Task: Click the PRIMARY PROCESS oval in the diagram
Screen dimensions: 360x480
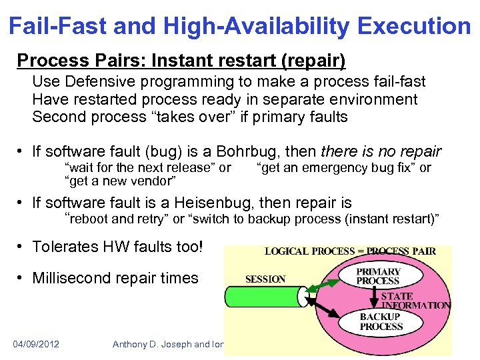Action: point(378,277)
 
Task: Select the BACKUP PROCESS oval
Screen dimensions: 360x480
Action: point(381,322)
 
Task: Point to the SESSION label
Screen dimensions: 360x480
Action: point(265,279)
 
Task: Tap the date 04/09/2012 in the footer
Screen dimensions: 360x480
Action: point(36,344)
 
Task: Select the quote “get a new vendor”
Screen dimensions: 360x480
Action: point(120,181)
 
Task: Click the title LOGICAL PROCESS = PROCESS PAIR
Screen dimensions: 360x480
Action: point(350,251)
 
